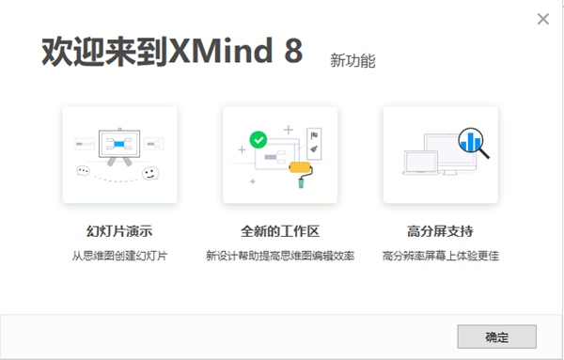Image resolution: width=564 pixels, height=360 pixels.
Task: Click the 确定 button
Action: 496,336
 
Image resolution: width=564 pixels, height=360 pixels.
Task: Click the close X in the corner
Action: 542,19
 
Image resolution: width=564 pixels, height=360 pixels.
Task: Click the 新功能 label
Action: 352,60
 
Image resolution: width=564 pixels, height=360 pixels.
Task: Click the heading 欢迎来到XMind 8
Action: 172,52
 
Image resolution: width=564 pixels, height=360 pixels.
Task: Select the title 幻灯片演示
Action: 118,230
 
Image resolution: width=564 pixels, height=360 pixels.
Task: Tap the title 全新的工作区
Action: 279,230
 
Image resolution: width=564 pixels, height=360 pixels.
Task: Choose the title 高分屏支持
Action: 440,230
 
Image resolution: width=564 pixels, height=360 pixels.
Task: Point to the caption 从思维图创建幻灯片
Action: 118,255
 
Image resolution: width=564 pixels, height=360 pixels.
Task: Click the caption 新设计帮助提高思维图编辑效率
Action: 279,255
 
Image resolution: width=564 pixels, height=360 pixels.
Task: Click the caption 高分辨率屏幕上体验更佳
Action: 440,255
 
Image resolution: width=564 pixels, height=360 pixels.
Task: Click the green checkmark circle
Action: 258,140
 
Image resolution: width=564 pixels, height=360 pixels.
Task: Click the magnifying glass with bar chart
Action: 471,143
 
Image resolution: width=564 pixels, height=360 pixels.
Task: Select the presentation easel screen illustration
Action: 119,144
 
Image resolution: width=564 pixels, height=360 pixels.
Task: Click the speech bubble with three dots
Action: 86,171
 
